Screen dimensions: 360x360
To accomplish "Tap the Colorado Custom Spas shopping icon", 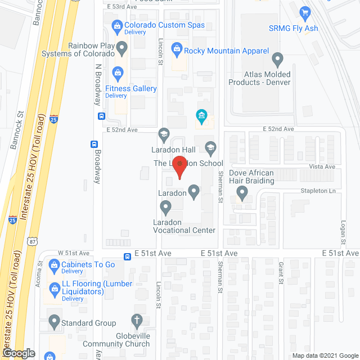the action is click(117, 25).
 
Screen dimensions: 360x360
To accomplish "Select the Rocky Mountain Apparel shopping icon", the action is click(177, 51).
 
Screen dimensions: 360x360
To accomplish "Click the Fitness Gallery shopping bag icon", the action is click(117, 72).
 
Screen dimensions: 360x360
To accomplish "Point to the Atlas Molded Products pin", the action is click(277, 58).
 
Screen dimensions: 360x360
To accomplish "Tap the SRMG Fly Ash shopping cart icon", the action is click(306, 12).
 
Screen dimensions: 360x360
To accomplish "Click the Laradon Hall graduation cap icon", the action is click(164, 134).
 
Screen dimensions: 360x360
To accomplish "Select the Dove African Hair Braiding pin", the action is click(242, 193).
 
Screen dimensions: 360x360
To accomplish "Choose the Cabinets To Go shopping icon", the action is click(54, 264).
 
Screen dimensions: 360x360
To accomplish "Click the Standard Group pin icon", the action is click(54, 322).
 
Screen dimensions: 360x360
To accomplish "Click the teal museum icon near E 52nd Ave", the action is click(201, 116).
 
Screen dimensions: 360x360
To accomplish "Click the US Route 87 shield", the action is click(32, 241).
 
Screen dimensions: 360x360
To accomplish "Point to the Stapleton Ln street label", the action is click(321, 191).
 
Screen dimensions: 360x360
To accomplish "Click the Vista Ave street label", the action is click(322, 167).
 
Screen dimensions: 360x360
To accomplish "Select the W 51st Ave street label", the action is click(74, 254).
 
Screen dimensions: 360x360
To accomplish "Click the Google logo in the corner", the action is click(18, 353).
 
